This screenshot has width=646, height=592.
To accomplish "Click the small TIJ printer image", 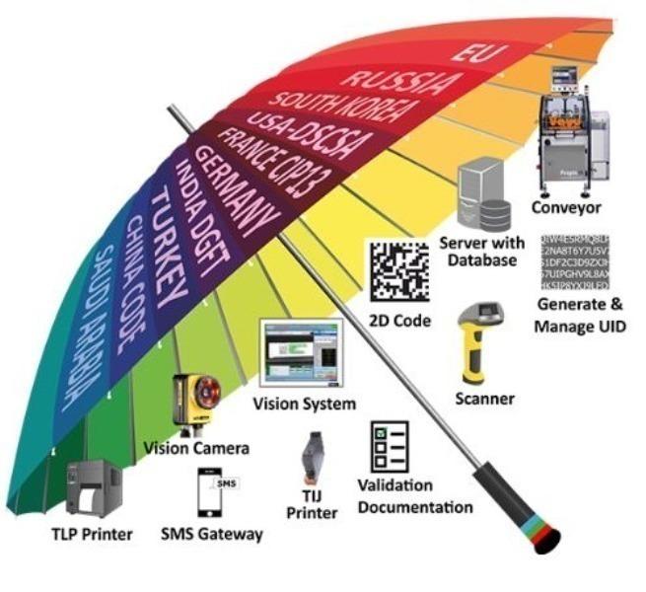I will coord(313,456).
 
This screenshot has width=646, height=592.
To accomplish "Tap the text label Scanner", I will coord(484,399).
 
